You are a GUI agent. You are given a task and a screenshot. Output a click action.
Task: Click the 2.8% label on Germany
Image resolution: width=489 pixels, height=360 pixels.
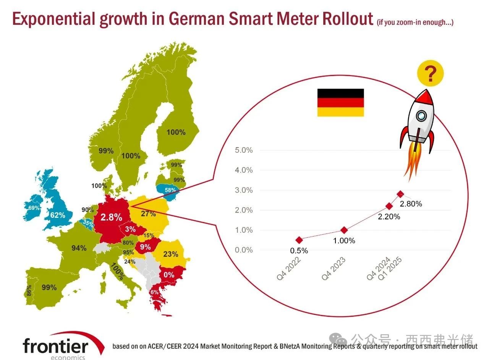[111, 217]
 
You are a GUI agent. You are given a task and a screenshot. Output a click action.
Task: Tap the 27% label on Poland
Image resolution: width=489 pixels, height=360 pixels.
[148, 213]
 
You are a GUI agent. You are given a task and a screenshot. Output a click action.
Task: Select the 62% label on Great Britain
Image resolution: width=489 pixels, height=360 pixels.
[57, 215]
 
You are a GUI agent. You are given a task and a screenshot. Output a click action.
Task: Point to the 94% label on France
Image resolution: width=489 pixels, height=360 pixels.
[79, 248]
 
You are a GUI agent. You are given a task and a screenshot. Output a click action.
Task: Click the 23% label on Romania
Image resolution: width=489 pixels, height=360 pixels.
[170, 254]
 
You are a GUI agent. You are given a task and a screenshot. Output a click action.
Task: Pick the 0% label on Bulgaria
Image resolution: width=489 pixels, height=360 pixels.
[169, 275]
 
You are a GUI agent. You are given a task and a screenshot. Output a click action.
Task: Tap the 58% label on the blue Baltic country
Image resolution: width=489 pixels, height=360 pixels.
[170, 190]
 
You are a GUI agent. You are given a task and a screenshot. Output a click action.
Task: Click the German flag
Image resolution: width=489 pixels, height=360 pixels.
[340, 102]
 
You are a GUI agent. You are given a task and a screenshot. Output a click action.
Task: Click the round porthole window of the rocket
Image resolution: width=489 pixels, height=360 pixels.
[421, 114]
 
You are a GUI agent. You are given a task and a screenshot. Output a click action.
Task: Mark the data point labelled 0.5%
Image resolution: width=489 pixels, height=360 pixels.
[300, 240]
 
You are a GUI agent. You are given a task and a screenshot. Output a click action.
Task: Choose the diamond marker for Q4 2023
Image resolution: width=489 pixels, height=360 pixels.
[344, 230]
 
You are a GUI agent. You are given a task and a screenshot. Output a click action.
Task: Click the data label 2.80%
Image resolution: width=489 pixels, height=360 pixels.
[411, 204]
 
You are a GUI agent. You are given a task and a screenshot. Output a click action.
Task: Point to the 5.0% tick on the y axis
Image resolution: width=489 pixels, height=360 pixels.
[243, 150]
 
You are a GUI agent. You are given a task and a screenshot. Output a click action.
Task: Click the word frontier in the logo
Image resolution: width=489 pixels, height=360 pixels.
[55, 346]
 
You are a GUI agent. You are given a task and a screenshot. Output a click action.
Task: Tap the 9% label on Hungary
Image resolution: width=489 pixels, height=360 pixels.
[145, 247]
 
